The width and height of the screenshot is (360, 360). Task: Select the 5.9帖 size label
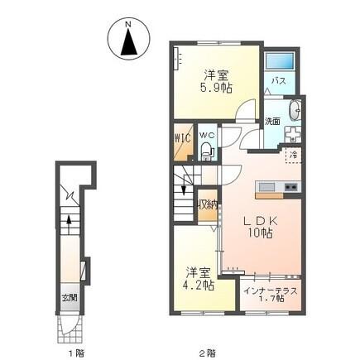click(214, 85)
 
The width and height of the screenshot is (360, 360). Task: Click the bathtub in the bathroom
click(281, 62)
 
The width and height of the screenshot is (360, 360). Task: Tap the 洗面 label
click(272, 121)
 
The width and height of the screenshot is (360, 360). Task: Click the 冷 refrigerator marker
click(292, 154)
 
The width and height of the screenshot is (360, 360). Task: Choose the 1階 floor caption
click(76, 351)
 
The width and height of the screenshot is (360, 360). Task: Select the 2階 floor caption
click(208, 351)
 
